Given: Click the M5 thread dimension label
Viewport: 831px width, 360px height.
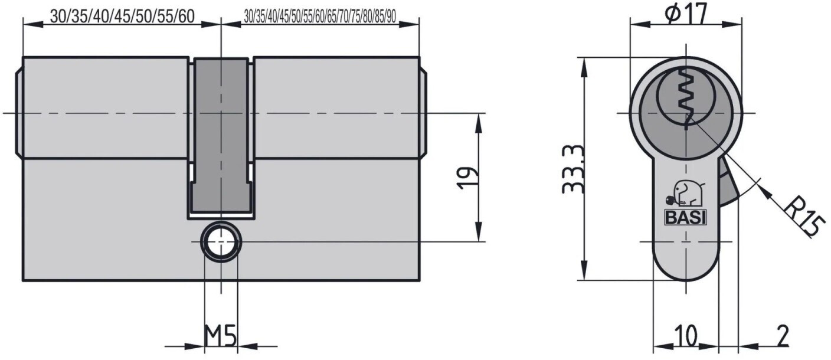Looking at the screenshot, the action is point(220,336).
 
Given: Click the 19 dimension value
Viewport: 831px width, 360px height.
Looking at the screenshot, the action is point(468,178).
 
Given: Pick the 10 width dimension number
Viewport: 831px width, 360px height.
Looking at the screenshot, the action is point(686,335).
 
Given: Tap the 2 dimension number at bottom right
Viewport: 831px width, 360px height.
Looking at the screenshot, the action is point(783,335).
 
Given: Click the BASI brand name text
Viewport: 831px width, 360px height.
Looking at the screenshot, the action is point(685,218).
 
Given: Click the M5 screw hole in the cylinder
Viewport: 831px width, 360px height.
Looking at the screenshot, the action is point(221,242).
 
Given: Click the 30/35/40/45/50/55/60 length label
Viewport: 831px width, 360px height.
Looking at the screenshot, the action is point(122,17).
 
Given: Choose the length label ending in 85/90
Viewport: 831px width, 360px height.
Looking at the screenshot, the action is point(320,17).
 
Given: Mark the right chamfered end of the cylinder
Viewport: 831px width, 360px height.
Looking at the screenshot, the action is point(423,113).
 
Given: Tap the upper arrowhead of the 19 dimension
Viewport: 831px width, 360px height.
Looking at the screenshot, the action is point(479,123).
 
